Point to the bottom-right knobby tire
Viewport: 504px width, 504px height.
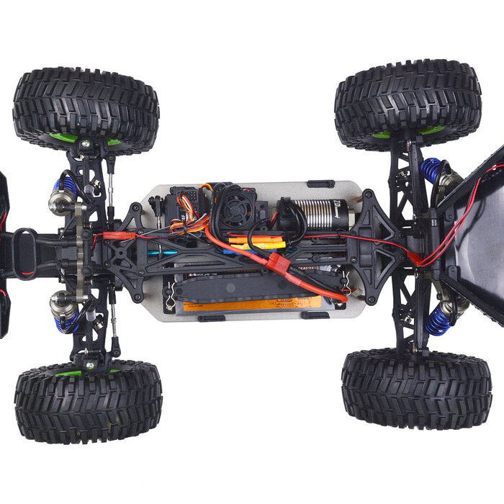tap(416, 388)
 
